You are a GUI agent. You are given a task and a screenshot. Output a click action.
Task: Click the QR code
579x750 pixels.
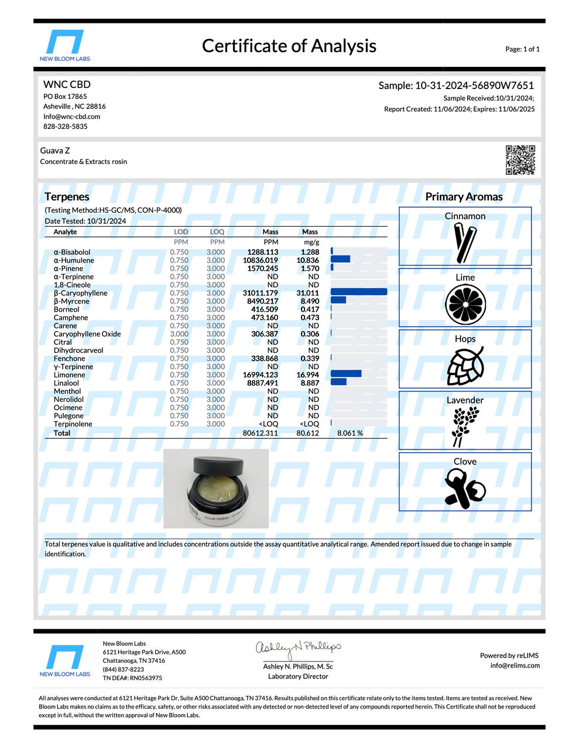520,160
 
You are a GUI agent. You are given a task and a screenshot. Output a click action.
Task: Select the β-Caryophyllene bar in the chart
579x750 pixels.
358,292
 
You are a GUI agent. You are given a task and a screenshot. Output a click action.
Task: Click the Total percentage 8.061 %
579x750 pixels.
350,433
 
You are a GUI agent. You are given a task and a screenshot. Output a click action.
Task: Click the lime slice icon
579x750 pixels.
465,304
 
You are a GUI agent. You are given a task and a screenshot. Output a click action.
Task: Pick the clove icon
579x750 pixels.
465,488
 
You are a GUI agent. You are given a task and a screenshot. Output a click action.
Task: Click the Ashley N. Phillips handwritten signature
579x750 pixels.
298,649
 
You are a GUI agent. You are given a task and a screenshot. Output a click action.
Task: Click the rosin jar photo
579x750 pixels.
216,489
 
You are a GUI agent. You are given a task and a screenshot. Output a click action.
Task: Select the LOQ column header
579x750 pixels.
217,232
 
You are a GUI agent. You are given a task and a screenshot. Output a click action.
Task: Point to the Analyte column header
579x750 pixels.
65,232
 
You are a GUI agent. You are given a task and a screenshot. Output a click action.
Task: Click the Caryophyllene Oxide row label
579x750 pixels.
87,334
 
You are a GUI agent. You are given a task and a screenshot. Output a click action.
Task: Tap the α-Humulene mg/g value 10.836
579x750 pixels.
308,260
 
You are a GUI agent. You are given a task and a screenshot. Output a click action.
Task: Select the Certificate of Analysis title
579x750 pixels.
289,46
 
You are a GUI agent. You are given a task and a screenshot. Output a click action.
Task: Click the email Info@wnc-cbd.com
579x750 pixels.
71,117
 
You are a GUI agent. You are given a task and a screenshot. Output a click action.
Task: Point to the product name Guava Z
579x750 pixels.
55,151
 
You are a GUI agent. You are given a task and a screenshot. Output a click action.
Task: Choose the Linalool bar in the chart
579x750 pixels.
339,383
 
